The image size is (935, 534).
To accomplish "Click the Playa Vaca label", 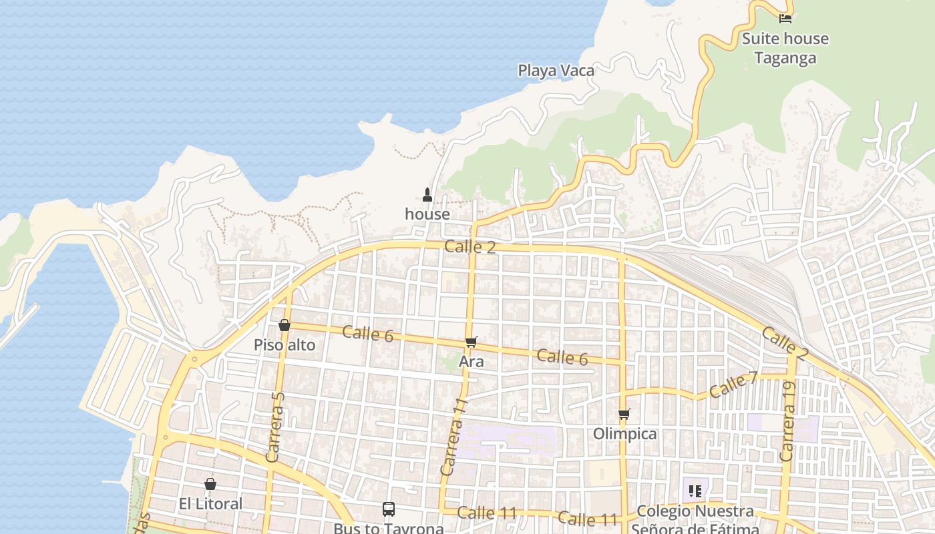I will [556, 70].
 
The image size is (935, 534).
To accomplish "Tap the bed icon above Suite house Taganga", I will [785, 18].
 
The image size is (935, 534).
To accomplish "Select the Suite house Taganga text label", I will [785, 48].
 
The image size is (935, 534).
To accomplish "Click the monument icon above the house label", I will [427, 195].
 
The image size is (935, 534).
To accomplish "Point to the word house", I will [427, 214].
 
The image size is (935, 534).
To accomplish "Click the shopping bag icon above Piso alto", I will [285, 325].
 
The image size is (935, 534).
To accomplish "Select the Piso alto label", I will [285, 345].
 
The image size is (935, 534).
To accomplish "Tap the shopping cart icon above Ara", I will [471, 342].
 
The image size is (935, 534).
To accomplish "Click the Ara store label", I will [471, 362].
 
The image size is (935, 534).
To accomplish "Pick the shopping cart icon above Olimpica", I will [624, 415].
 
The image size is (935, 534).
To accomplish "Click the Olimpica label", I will [625, 434].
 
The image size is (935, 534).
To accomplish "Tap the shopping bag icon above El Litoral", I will [210, 484].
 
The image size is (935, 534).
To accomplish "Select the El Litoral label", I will [211, 504].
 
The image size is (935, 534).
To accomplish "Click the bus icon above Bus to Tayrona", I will [389, 509].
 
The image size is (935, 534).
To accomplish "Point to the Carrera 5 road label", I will [275, 427].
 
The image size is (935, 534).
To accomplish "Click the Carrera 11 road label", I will [453, 437].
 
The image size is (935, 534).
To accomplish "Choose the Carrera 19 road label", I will [787, 421].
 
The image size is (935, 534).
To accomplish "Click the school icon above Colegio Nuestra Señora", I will [695, 491].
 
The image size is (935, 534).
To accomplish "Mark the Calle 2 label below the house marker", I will [470, 247].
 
